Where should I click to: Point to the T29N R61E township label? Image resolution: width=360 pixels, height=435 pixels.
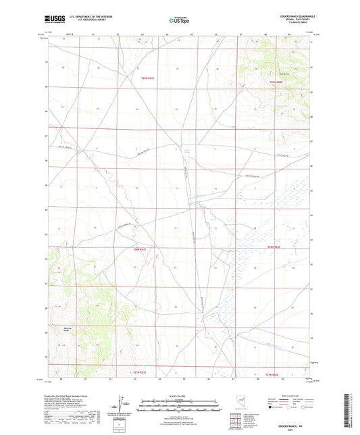(147, 80)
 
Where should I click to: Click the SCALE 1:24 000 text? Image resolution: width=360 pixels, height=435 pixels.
(179, 395)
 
